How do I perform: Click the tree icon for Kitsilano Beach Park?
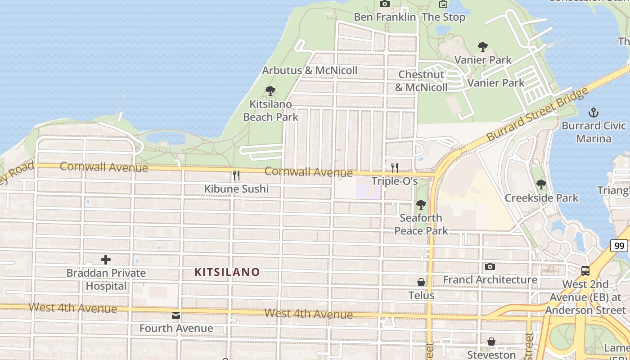270,91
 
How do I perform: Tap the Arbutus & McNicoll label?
310,70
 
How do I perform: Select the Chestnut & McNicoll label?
421,81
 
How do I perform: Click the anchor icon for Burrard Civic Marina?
594,112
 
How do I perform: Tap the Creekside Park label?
541,198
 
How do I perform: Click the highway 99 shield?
620,246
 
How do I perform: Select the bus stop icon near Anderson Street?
585,271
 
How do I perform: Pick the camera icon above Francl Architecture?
490,267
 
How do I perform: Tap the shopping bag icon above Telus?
421,282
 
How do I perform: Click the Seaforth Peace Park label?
421,224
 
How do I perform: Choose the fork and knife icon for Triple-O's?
395,168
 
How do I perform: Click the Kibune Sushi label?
236,189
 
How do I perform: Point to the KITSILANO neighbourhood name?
227,272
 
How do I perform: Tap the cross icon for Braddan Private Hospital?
106,260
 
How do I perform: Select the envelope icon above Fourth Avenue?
176,315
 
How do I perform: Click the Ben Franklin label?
385,17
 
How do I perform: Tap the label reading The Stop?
443,17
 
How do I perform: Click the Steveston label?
491,355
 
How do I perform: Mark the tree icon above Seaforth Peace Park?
421,205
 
